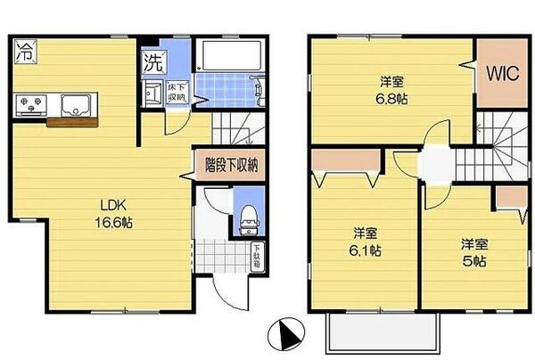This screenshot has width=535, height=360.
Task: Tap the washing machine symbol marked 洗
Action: (x=152, y=64)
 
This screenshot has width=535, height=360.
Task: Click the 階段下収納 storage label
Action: (x=231, y=164)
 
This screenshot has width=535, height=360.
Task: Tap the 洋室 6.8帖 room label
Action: (x=389, y=90)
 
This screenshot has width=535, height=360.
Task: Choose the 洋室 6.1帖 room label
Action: (x=365, y=241)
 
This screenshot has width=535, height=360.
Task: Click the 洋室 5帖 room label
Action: (x=474, y=250)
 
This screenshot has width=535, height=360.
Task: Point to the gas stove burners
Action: (x=31, y=106)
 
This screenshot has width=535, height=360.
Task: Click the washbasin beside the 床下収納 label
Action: (x=152, y=94)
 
